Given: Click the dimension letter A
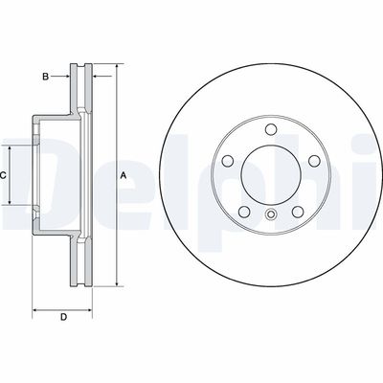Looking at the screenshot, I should [x=123, y=176].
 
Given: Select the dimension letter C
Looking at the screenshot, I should [x=5, y=176].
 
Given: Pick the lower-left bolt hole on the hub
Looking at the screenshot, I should [x=243, y=212].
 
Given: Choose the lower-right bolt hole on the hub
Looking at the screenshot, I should [x=298, y=212].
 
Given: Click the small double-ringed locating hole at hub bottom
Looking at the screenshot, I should [x=271, y=214].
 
